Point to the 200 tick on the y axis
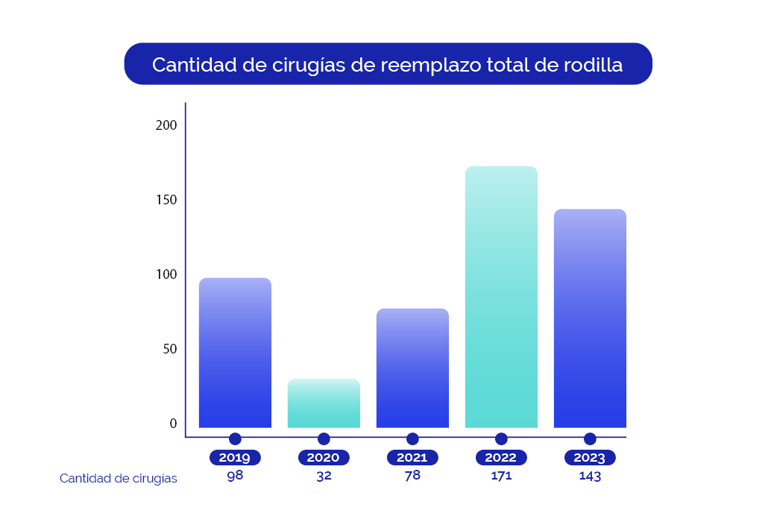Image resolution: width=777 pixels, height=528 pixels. tap(166, 125)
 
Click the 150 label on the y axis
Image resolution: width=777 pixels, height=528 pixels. tap(166, 200)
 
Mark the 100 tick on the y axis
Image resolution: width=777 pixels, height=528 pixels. tap(166, 274)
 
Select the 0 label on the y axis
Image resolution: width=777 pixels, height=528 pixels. tap(173, 424)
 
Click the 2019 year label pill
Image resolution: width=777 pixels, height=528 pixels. tap(235, 458)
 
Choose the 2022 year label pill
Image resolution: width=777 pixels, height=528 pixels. tap(501, 458)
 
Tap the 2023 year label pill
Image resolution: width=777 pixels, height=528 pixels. tap(590, 458)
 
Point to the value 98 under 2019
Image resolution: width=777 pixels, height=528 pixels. tap(235, 475)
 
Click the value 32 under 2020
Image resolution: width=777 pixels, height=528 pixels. tap(324, 476)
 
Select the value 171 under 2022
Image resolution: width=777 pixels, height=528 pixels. tap(501, 476)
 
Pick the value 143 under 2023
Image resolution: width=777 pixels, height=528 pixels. tap(590, 476)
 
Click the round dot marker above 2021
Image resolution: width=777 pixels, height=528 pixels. tap(412, 439)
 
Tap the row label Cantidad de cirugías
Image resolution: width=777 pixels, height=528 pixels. tap(119, 479)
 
